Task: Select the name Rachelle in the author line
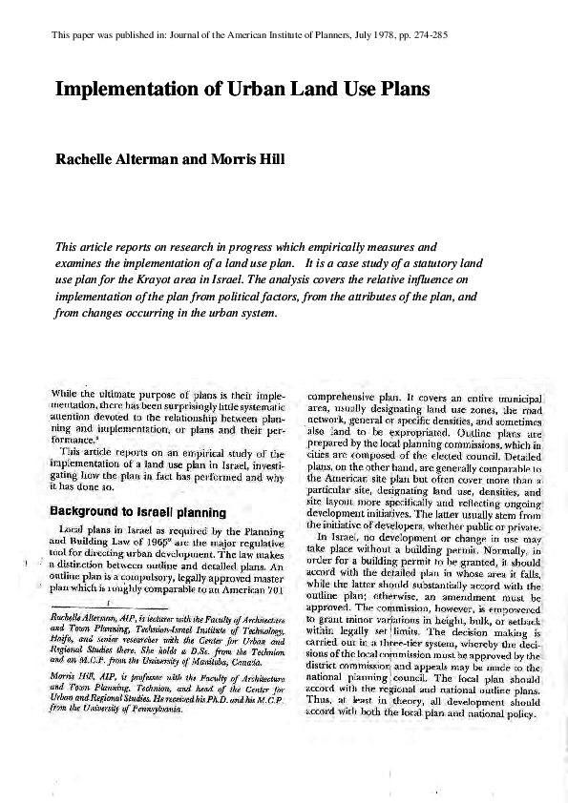click(92, 158)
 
